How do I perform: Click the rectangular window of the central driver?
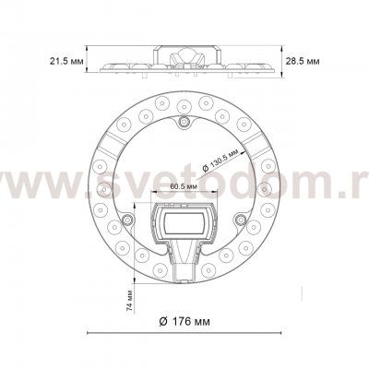tap(184, 220)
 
